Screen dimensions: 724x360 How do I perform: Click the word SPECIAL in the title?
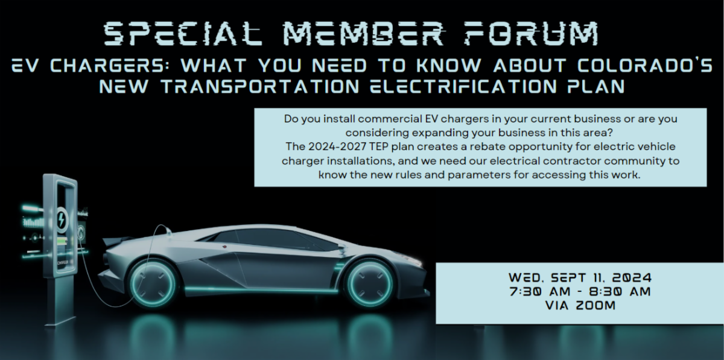(x=183, y=34)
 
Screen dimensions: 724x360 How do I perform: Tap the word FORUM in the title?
(x=532, y=34)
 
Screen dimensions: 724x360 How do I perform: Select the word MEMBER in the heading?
(x=364, y=34)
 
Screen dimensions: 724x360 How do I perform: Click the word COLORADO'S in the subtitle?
(x=645, y=65)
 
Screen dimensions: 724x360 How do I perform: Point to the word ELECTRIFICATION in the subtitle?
(x=464, y=86)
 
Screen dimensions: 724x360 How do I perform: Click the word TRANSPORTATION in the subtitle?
(x=260, y=86)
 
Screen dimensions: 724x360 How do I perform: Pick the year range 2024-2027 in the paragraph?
(x=337, y=147)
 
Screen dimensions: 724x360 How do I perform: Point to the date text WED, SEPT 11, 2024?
(x=580, y=277)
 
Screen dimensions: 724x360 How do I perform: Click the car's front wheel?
(x=368, y=283)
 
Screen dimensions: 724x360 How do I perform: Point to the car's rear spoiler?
(x=116, y=241)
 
